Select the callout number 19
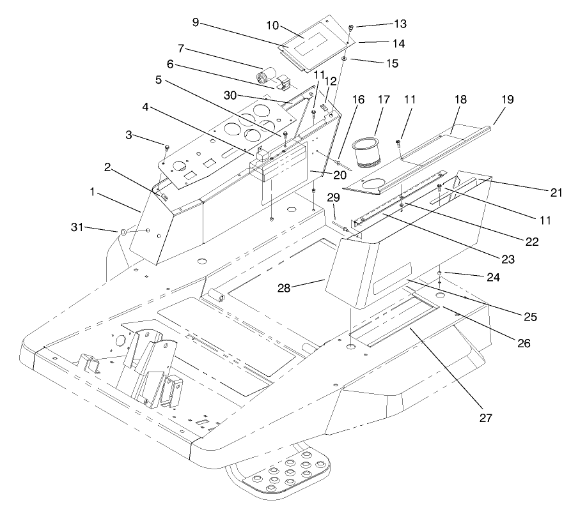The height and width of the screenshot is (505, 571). [x=507, y=100]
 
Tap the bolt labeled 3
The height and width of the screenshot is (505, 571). [x=166, y=148]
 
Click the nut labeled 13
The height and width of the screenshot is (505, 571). [x=351, y=27]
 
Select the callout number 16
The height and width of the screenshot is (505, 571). [x=357, y=100]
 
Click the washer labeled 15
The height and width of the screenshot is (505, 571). [x=344, y=59]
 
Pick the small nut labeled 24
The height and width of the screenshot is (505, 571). [x=440, y=273]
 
